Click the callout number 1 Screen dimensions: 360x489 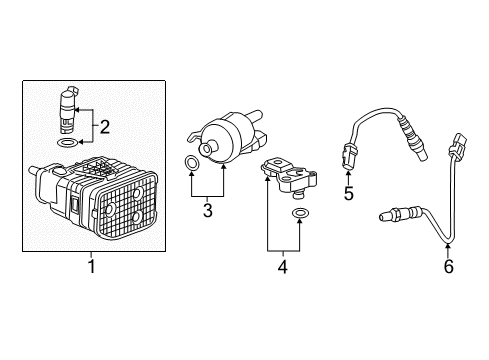tap(90, 268)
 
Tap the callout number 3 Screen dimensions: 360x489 tap(206, 211)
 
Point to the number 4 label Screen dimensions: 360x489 tap(283, 267)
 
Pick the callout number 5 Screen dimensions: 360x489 tap(348, 193)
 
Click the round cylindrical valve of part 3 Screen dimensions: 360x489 tap(224, 138)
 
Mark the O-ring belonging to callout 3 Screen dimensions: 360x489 tap(191, 161)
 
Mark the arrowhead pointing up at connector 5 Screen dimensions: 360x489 tap(348, 173)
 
